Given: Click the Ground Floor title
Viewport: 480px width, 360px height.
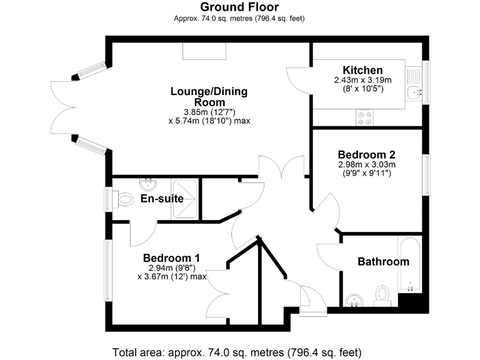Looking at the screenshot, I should click(239, 7).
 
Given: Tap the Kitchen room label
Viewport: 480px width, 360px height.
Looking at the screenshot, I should click(362, 70).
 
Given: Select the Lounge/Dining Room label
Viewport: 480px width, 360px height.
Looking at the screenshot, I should click(209, 97).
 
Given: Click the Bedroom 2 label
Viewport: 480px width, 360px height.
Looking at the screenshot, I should click(366, 154).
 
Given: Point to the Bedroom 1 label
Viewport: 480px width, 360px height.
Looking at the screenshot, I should click(171, 257).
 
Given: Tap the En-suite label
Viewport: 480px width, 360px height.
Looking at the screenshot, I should click(162, 199).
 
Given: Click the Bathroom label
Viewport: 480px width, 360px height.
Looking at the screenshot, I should click(383, 261).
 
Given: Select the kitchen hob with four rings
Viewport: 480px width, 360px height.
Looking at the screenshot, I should click(364, 117).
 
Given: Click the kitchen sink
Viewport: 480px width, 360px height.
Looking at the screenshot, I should click(413, 93).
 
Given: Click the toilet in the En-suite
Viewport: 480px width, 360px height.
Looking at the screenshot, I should click(126, 199).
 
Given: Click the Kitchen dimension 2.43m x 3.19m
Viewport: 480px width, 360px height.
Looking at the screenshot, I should click(362, 80).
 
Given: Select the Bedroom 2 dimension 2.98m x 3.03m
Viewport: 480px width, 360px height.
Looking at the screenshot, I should click(366, 164).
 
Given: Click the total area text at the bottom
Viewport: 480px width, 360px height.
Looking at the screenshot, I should click(237, 352).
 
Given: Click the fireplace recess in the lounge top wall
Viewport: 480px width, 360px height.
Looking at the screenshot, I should click(199, 51).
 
